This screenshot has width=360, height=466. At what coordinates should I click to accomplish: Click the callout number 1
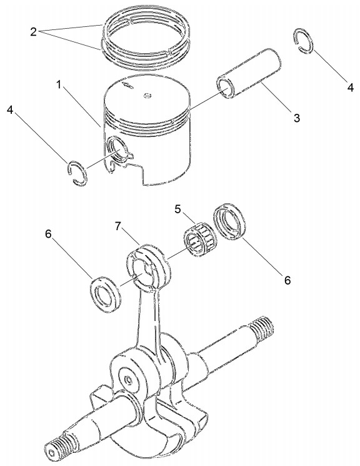[59, 85]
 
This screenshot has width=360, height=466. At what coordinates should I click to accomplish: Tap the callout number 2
[34, 32]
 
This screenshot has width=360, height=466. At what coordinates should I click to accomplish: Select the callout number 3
[297, 118]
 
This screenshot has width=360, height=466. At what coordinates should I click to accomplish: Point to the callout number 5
[177, 209]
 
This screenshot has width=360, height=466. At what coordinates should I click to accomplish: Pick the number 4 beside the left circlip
[11, 110]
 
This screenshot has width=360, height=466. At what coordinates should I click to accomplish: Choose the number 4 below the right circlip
[351, 88]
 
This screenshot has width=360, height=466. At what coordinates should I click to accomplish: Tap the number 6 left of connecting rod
[48, 234]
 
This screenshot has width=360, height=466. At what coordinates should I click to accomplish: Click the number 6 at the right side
[287, 280]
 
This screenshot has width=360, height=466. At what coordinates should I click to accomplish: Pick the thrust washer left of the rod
[105, 294]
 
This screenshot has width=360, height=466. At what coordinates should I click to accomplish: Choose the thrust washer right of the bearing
[231, 221]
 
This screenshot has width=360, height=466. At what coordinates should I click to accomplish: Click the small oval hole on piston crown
[147, 96]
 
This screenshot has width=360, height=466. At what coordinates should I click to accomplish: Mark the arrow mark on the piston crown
[127, 85]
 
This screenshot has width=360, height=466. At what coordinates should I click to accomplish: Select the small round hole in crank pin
[128, 379]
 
